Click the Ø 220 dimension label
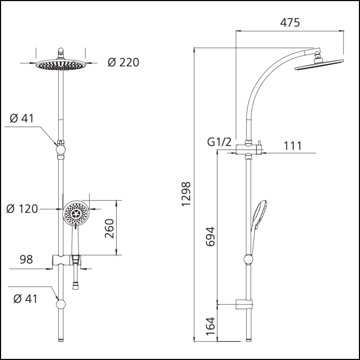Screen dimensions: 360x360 (x=123, y=62)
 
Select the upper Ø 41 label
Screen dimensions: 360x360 (x=22, y=118)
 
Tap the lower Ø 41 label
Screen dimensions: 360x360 (x=25, y=298)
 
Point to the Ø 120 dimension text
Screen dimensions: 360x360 (x=22, y=209)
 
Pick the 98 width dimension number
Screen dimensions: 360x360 (x=26, y=259)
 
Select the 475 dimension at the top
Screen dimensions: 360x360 (x=289, y=22)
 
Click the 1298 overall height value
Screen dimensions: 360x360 (x=186, y=194)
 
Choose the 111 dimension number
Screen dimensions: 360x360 (x=293, y=146)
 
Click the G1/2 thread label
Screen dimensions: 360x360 (x=219, y=142)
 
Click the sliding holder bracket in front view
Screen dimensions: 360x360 (x=67, y=260)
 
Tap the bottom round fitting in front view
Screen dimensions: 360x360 (x=61, y=305)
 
